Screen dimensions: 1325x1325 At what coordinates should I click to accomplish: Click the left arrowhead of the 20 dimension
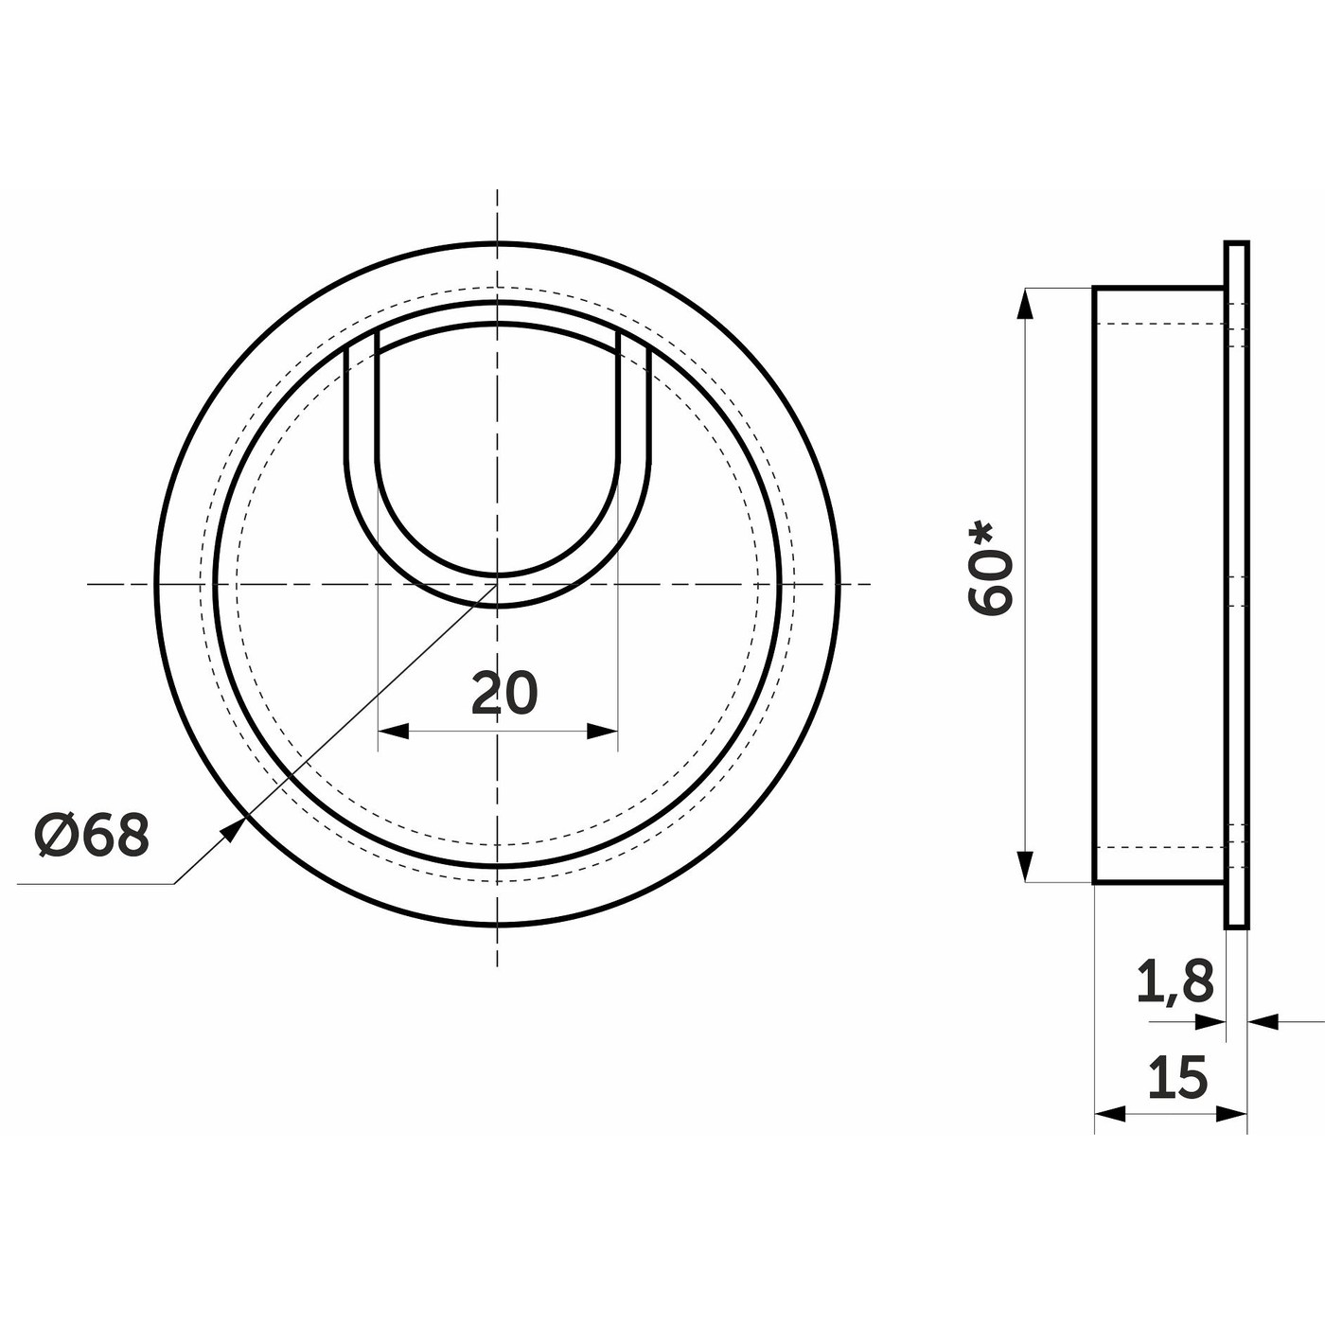[394, 731]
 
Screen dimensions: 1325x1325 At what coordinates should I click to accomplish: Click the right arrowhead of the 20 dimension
[602, 731]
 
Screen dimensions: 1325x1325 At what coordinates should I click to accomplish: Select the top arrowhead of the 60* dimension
[1025, 304]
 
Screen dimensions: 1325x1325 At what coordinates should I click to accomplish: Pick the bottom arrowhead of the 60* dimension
[1025, 865]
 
